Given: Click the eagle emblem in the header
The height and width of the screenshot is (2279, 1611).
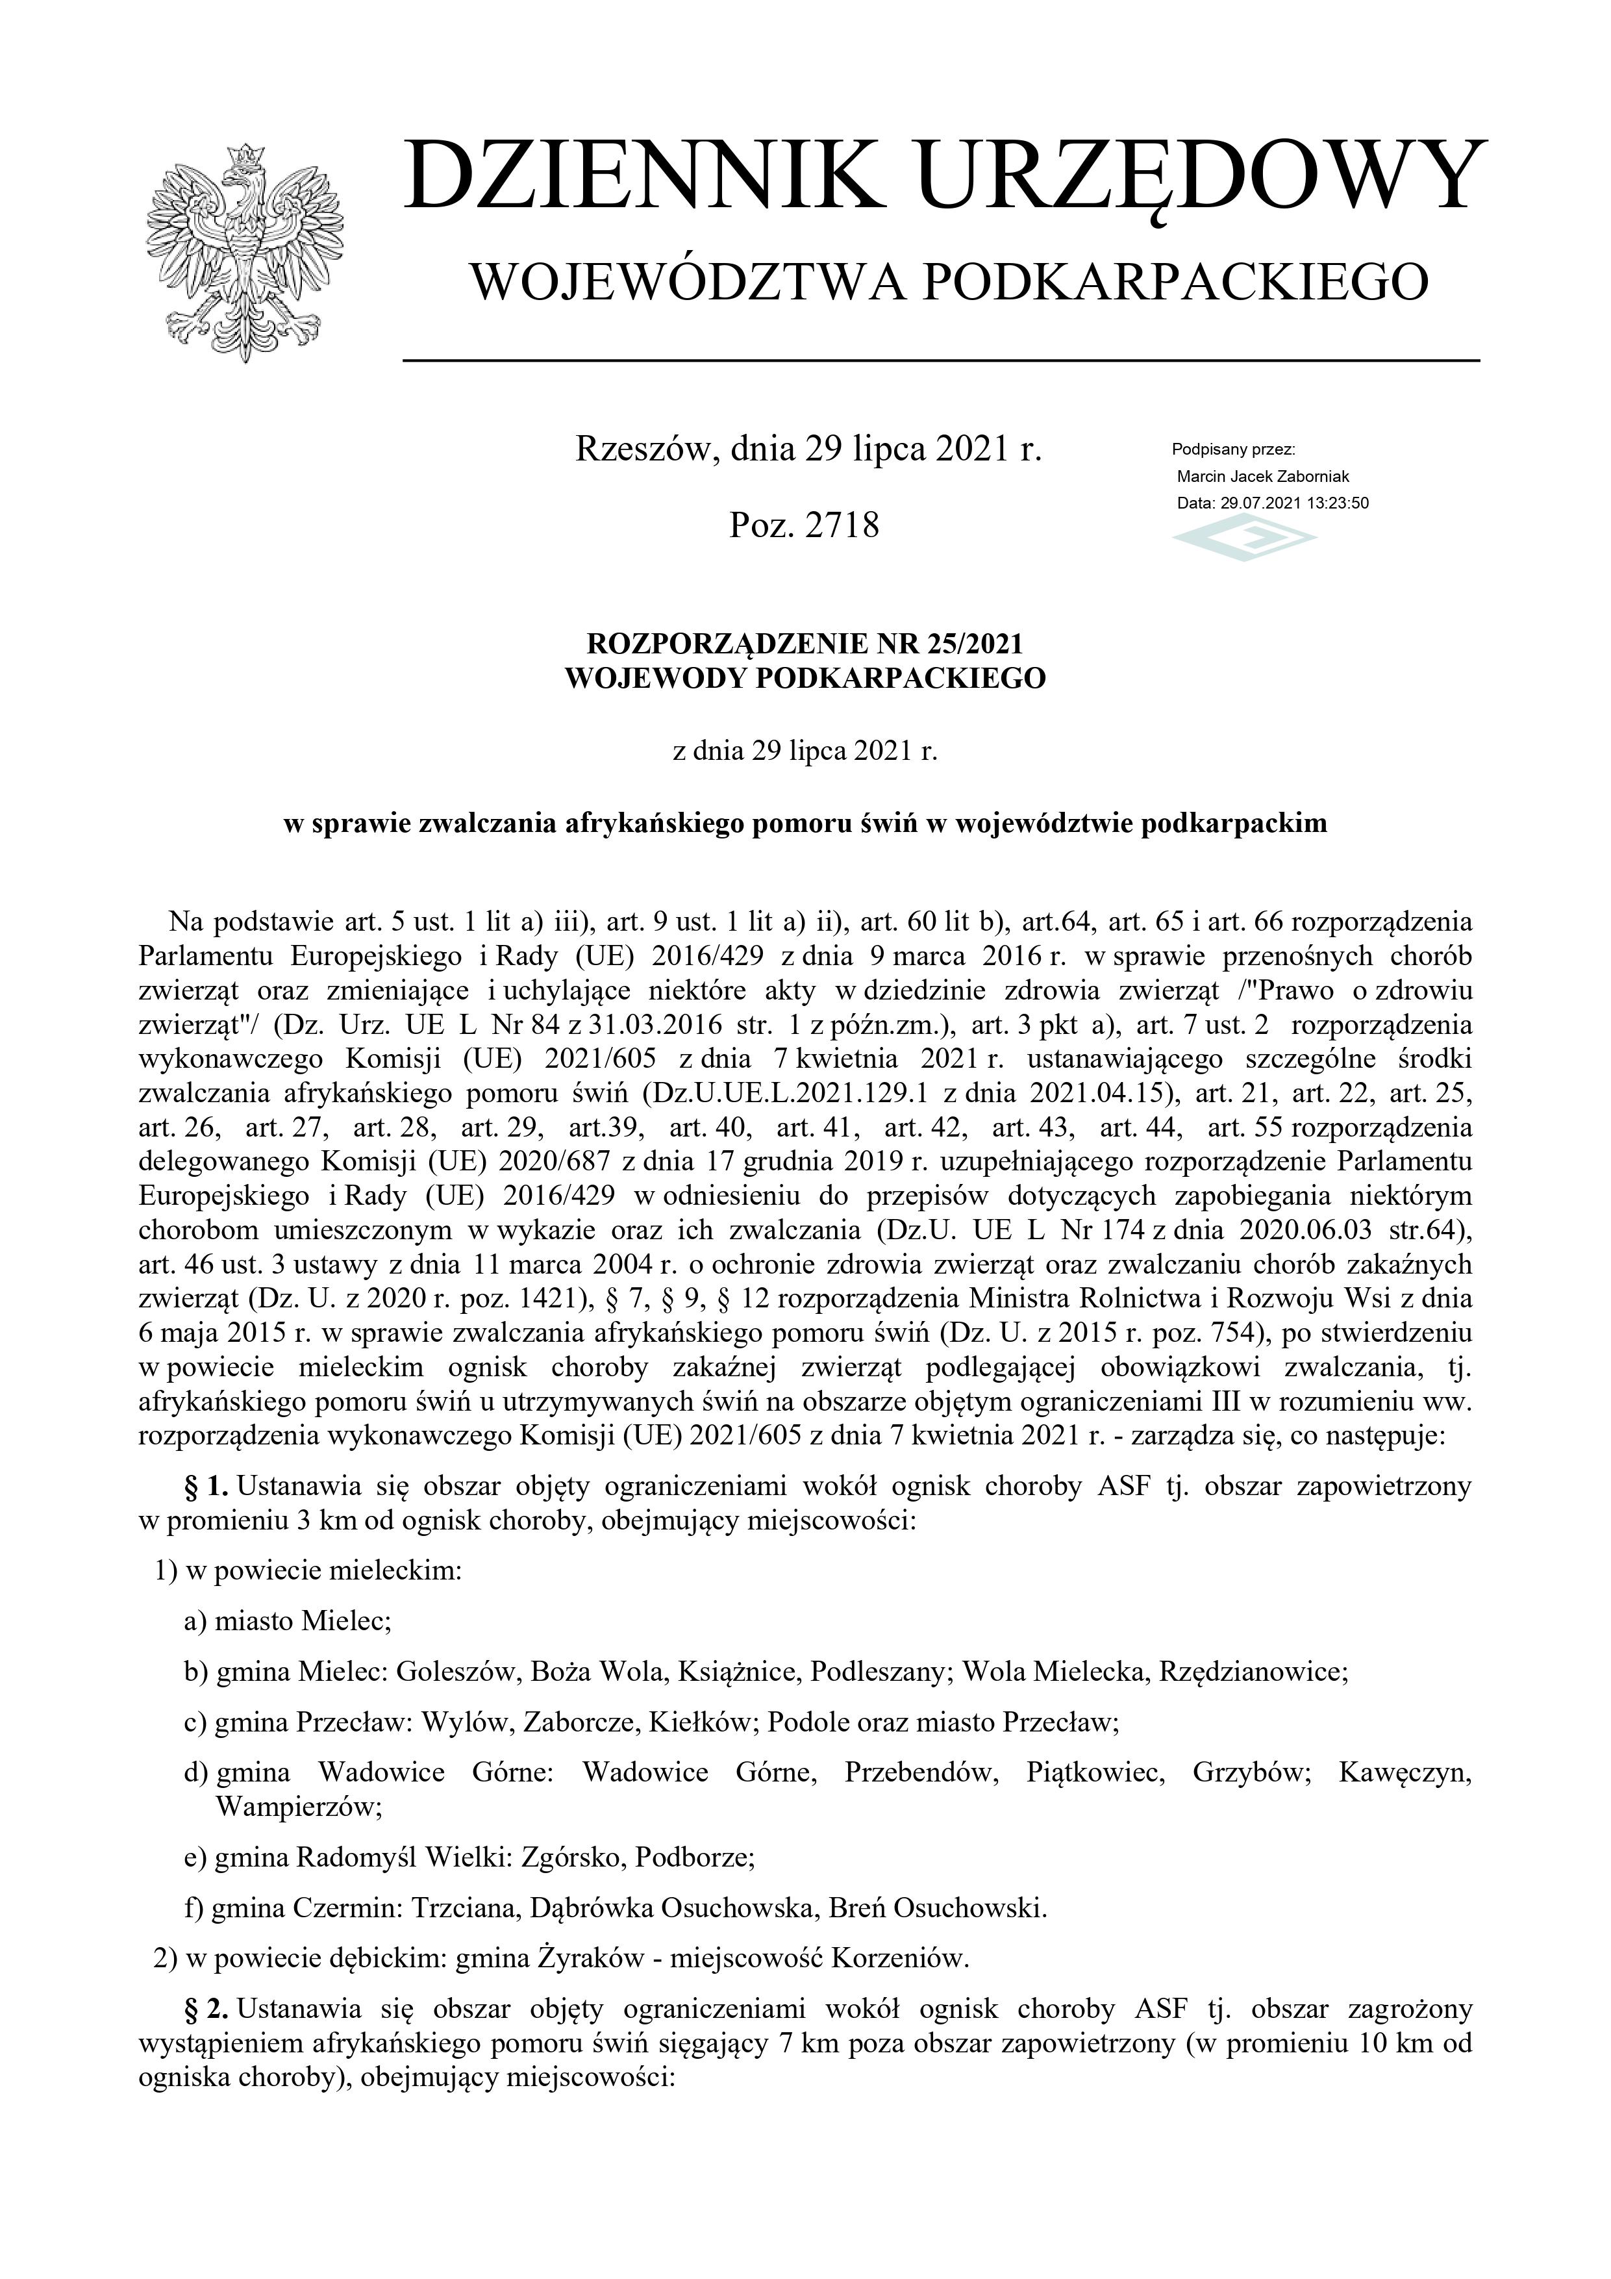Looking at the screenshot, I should pyautogui.click(x=244, y=253).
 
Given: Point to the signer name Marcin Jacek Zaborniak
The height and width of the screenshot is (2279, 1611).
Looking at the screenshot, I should pyautogui.click(x=1262, y=477).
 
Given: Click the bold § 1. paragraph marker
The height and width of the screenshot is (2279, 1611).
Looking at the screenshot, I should pyautogui.click(x=206, y=1486).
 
